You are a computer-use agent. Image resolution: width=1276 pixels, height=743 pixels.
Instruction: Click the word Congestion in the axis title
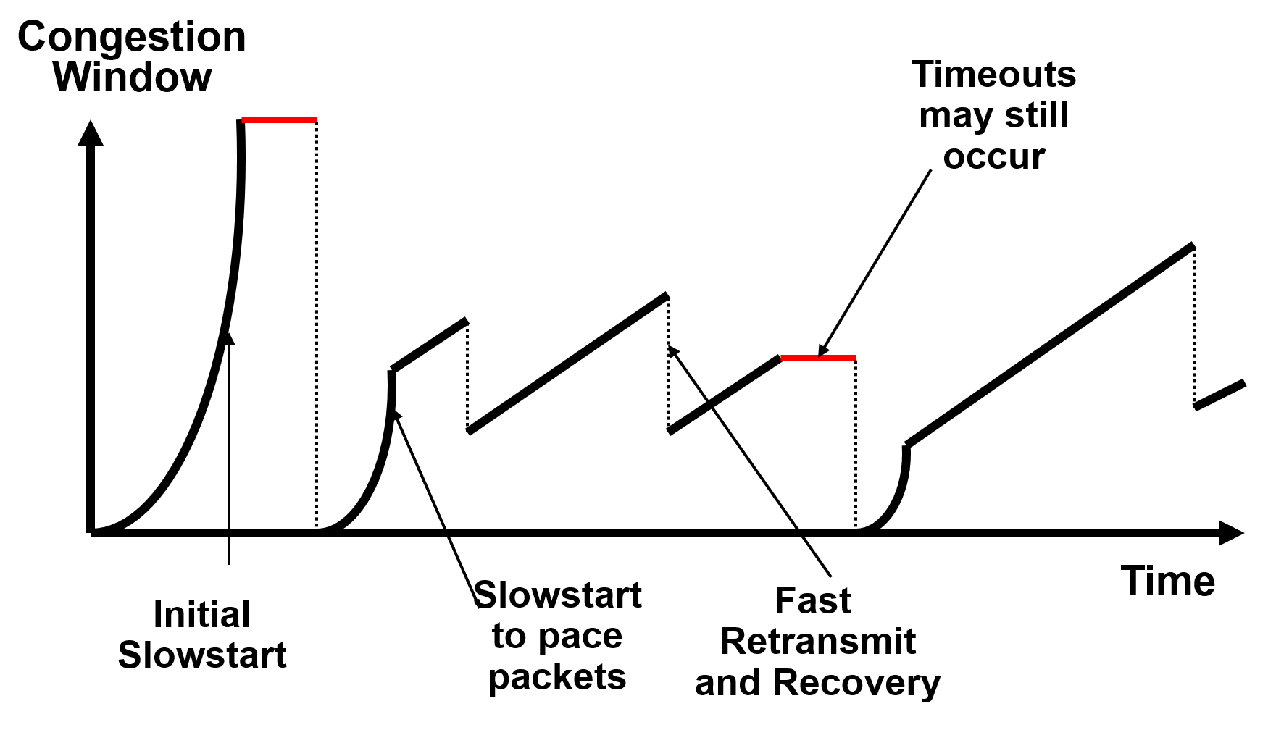click(131, 37)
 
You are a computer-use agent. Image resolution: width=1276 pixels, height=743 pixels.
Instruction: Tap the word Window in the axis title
click(133, 77)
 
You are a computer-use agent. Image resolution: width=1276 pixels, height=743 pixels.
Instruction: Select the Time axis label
click(1167, 581)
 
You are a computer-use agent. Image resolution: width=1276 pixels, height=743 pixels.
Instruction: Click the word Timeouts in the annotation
click(993, 75)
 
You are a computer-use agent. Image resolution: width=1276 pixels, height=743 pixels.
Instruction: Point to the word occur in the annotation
click(993, 157)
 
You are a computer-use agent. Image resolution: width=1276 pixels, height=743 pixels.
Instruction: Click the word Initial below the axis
click(201, 615)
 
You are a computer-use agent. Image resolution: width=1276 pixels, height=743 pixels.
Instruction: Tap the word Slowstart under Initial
click(201, 655)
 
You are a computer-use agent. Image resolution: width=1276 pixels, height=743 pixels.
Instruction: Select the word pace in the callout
click(580, 637)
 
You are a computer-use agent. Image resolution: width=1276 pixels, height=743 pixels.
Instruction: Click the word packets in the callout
click(556, 678)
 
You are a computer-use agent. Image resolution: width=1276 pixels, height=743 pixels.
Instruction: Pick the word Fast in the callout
click(812, 600)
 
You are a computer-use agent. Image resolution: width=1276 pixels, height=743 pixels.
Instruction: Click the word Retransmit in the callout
click(817, 642)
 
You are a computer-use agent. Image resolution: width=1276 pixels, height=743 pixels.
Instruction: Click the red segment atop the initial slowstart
click(279, 119)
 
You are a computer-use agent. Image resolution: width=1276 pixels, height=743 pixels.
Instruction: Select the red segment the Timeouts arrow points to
click(818, 358)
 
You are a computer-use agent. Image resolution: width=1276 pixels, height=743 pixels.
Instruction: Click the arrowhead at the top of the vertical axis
click(91, 134)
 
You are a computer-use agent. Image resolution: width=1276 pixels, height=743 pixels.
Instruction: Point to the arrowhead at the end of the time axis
click(1230, 533)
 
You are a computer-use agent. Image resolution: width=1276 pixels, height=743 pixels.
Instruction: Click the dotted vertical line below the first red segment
click(317, 326)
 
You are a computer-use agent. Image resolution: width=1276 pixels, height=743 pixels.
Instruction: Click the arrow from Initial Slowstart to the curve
click(229, 449)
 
